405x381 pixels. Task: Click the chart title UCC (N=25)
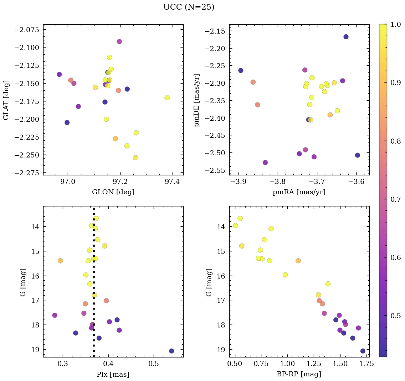(189, 7)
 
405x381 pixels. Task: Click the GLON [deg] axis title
(113, 192)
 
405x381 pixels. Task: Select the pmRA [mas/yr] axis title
(299, 192)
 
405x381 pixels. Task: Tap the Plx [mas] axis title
(113, 375)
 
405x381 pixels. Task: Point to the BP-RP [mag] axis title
(299, 375)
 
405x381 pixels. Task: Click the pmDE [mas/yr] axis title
(197, 100)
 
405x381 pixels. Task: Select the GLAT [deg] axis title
(6, 100)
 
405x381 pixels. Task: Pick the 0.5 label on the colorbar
(396, 316)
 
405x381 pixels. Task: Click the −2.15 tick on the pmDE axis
(215, 31)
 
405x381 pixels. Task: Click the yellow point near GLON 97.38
(167, 98)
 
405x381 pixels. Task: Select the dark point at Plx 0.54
(171, 351)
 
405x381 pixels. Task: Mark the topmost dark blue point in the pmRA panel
(346, 37)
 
